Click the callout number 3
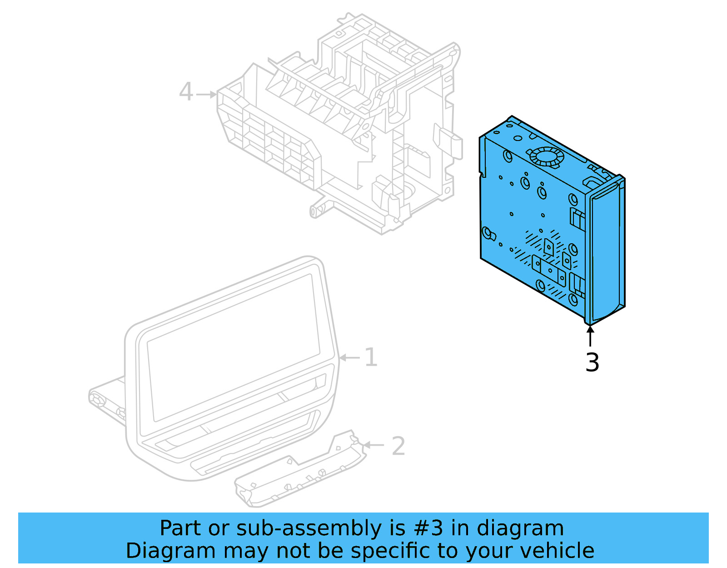[592, 362]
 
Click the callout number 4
[186, 92]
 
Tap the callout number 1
[371, 357]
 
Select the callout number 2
[398, 446]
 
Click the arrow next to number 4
[207, 95]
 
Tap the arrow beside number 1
[350, 358]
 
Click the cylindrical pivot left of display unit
[98, 398]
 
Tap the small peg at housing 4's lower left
[314, 211]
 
